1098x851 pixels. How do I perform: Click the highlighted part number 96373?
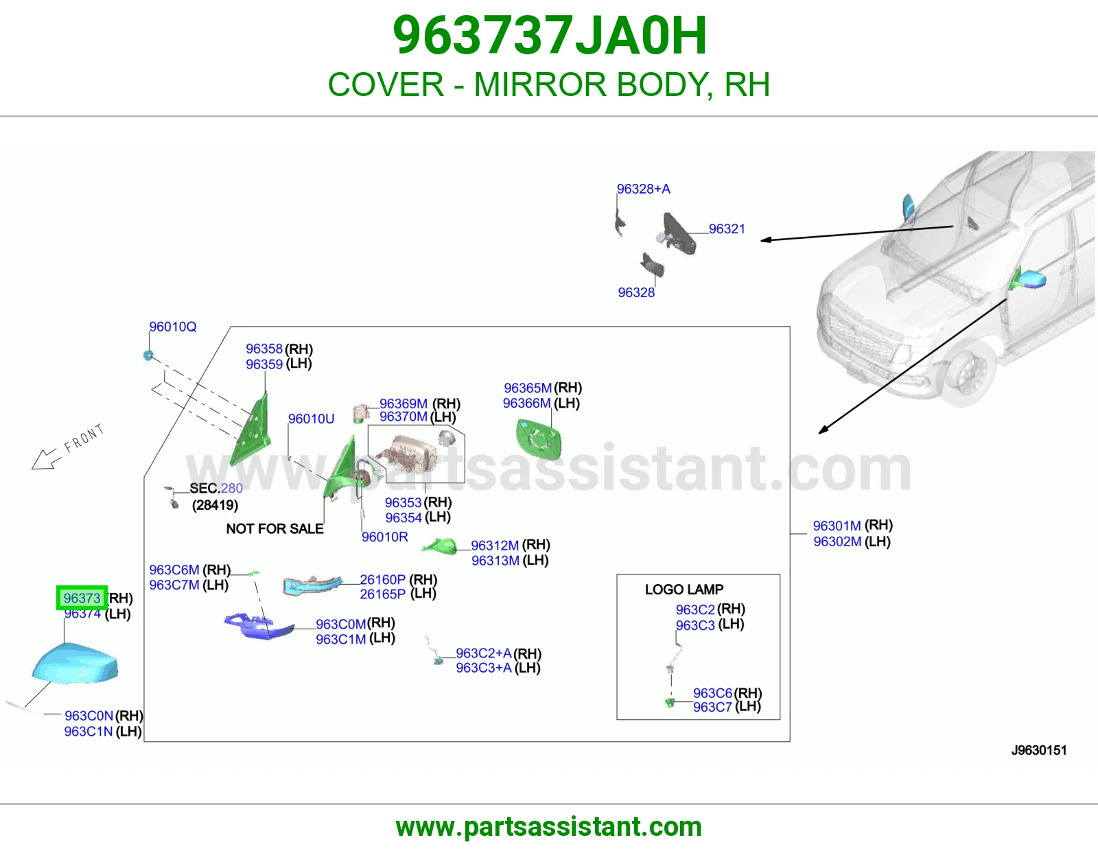tap(82, 598)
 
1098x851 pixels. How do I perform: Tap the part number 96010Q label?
tap(173, 327)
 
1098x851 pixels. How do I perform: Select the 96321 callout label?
tap(727, 229)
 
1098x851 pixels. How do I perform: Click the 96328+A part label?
tap(643, 189)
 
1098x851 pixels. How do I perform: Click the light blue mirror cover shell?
tap(75, 663)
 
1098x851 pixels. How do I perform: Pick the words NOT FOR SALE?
tap(275, 528)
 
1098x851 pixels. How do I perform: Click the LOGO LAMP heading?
tap(684, 590)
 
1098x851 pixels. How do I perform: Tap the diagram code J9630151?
tap(1039, 750)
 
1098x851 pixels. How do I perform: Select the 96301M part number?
tap(837, 526)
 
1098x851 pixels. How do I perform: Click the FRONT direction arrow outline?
tap(46, 458)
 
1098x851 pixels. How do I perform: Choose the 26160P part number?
tap(382, 579)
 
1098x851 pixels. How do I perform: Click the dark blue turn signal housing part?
tap(259, 627)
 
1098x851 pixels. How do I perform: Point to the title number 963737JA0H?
tap(550, 36)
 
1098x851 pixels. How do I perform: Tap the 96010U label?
tap(312, 419)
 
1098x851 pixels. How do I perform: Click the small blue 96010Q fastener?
tap(148, 355)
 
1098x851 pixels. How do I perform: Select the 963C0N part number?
tap(89, 716)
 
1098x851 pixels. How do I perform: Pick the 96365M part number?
tap(528, 388)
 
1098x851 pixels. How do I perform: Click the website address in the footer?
tap(549, 827)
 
